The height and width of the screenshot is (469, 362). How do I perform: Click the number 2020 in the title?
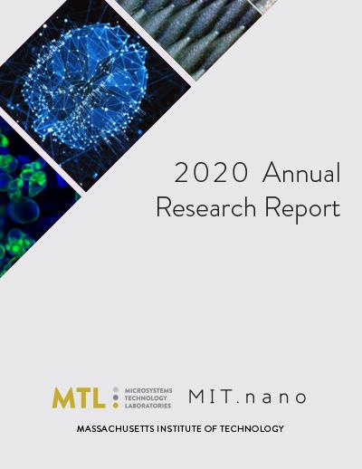(x=211, y=173)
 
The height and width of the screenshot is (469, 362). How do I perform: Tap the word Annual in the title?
(x=301, y=172)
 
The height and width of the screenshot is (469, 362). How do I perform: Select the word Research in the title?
(x=206, y=206)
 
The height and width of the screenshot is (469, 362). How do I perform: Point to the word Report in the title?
(x=303, y=209)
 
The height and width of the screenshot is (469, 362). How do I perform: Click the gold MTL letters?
(x=79, y=397)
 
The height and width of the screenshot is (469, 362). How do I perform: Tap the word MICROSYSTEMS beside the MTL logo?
(x=148, y=390)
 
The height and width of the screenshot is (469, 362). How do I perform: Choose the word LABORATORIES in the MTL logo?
(x=148, y=406)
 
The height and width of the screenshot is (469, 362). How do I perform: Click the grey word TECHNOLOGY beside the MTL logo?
(x=146, y=398)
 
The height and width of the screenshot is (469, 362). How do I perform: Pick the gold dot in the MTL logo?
(x=115, y=406)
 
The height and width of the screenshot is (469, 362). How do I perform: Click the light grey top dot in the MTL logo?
(x=115, y=390)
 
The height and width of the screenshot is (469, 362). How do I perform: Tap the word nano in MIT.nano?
(x=276, y=398)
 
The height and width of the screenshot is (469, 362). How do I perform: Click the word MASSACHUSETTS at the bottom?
(x=116, y=428)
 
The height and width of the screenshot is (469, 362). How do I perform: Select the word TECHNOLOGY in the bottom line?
(x=252, y=428)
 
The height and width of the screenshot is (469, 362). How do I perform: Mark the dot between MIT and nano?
(x=237, y=402)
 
